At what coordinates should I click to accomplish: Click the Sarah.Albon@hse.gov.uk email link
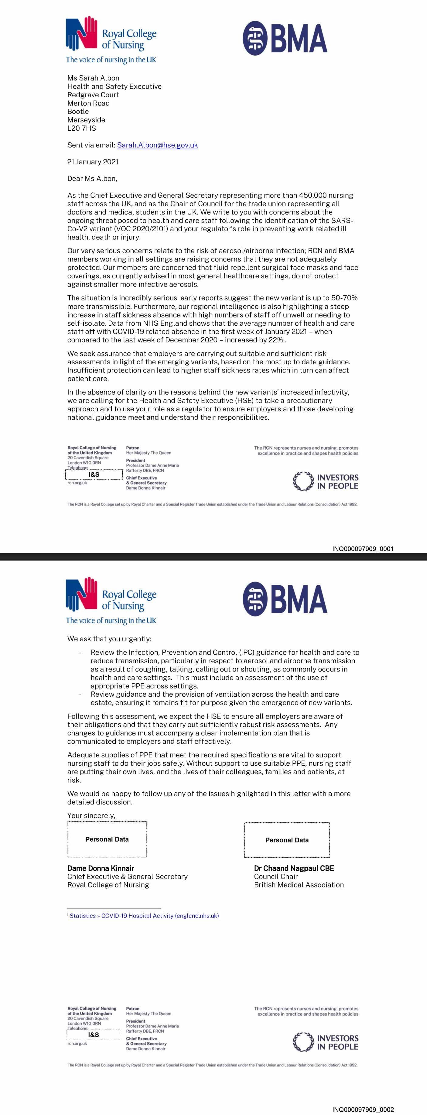click(x=158, y=145)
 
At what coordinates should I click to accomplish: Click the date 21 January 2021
click(x=93, y=162)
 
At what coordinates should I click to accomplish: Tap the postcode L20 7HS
click(x=81, y=128)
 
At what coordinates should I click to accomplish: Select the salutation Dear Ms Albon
click(x=92, y=178)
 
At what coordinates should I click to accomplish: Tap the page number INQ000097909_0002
click(x=363, y=1109)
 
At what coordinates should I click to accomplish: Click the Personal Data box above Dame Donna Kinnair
click(x=107, y=839)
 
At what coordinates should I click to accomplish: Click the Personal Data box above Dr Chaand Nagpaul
click(x=287, y=840)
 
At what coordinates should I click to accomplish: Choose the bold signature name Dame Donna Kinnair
click(x=101, y=868)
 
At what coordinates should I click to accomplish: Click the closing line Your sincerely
click(x=91, y=815)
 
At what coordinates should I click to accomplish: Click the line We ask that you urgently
click(x=109, y=639)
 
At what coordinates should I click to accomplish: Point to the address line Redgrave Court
click(x=93, y=95)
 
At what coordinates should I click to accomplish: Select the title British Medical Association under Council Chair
click(x=299, y=885)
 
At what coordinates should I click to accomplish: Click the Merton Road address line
click(x=88, y=103)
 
